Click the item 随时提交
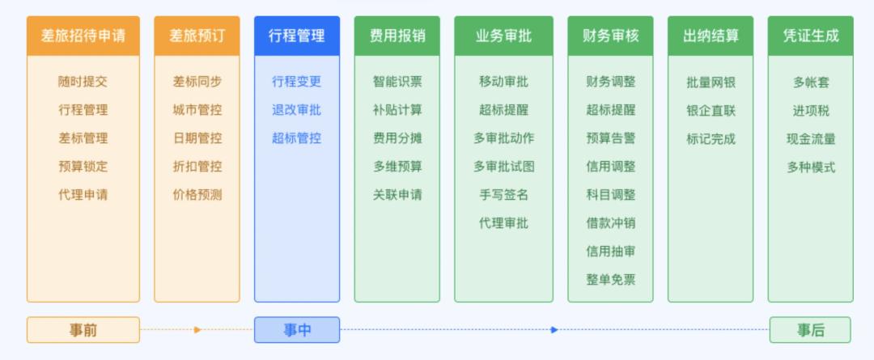pos(83,82)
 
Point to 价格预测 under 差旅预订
pos(197,195)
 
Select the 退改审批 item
pos(296,110)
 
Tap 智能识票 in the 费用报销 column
pos(397,82)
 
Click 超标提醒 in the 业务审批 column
pos(504,110)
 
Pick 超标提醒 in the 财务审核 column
pos(611,110)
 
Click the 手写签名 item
pos(504,195)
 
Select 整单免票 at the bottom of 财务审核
pos(611,280)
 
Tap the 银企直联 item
pos(711,111)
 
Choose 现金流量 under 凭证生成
pos(811,139)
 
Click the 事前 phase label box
pos(83,330)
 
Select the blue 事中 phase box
pos(296,330)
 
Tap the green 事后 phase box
pos(810,330)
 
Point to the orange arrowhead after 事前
pos(197,330)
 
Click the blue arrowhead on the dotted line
pos(554,330)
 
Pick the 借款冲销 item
pos(611,223)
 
